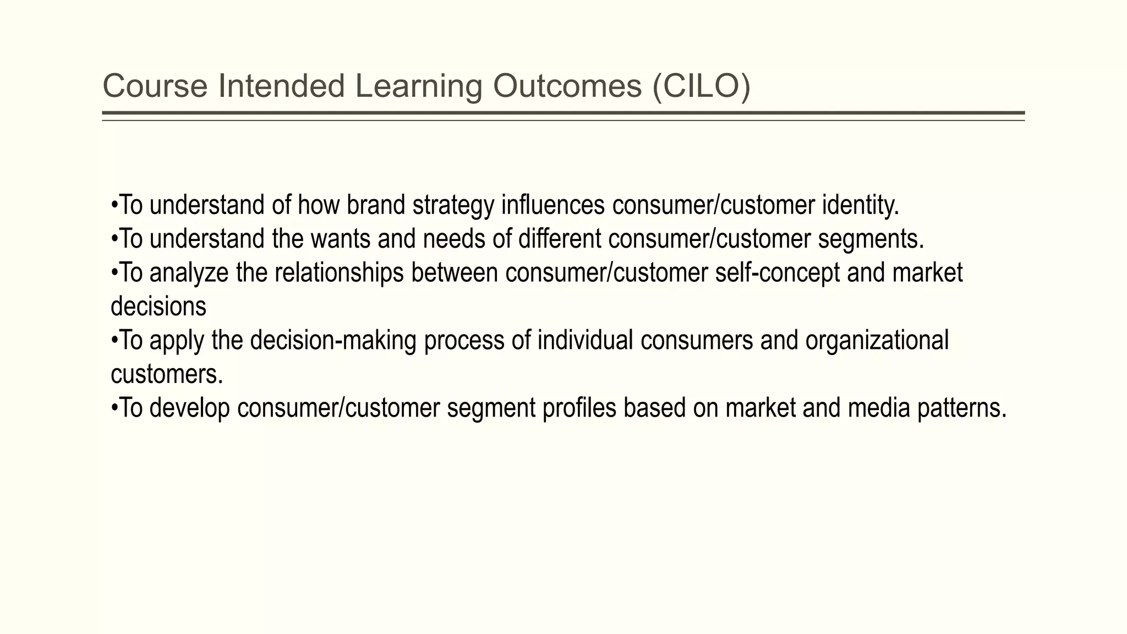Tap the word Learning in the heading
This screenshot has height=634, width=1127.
tap(418, 86)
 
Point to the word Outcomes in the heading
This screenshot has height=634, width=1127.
tap(567, 86)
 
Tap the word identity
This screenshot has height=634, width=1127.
tap(861, 205)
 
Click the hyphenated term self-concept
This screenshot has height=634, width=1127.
tap(777, 273)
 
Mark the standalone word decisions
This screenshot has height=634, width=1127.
tap(158, 307)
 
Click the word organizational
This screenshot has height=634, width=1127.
tap(877, 341)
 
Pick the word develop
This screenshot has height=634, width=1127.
tap(189, 408)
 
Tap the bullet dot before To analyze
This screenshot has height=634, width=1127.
tap(114, 272)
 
